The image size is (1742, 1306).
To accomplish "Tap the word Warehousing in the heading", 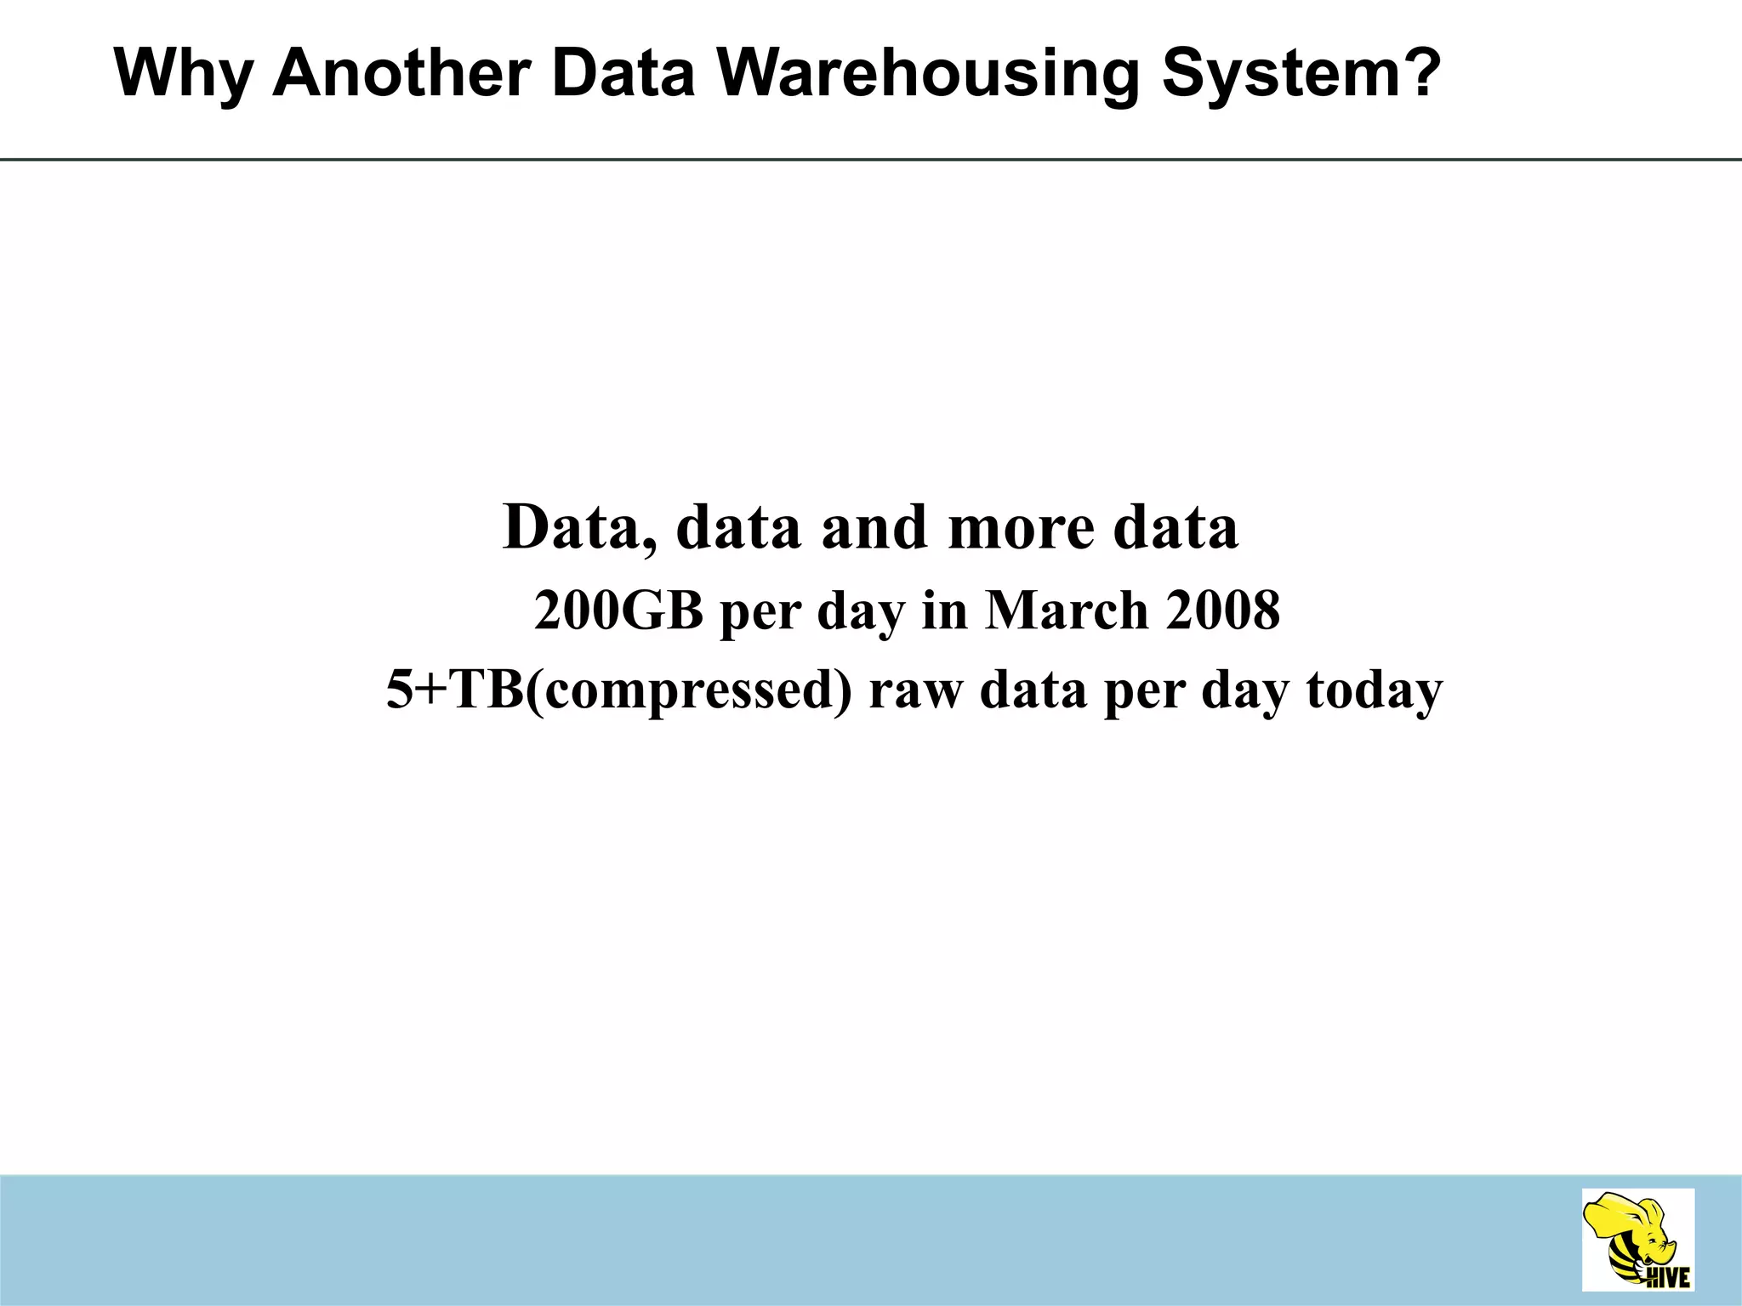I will (927, 74).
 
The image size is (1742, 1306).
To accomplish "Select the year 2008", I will (1222, 610).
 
